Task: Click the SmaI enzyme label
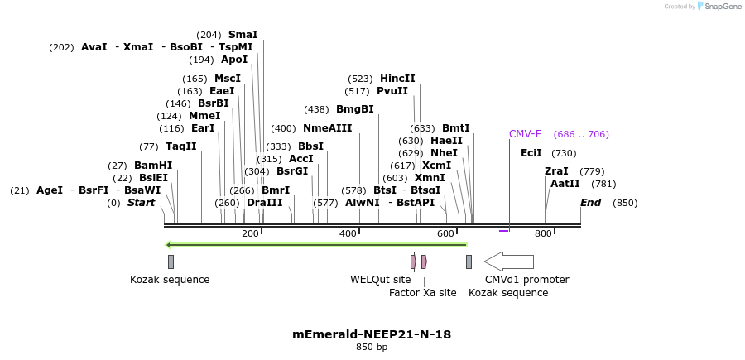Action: pyautogui.click(x=243, y=35)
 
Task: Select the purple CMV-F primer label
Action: pyautogui.click(x=525, y=134)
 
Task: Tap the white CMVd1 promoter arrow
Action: pyautogui.click(x=508, y=262)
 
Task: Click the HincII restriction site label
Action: pyautogui.click(x=397, y=79)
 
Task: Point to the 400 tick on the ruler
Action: pyautogui.click(x=348, y=234)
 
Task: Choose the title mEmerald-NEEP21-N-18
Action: pyautogui.click(x=372, y=334)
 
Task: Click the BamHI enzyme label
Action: pyautogui.click(x=153, y=166)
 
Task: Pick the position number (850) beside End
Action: pyautogui.click(x=625, y=203)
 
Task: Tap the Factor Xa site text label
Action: pyautogui.click(x=422, y=292)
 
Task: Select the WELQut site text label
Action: pyautogui.click(x=380, y=280)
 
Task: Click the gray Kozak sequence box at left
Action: pyautogui.click(x=171, y=262)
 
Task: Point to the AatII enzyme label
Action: pyautogui.click(x=565, y=184)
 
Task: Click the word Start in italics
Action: pyautogui.click(x=141, y=203)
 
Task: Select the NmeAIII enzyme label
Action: pyautogui.click(x=327, y=128)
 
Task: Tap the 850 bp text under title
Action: pyautogui.click(x=372, y=347)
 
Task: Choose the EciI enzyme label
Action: pyautogui.click(x=531, y=153)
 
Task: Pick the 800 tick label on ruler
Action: pyautogui.click(x=543, y=234)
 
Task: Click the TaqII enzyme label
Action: pyautogui.click(x=181, y=146)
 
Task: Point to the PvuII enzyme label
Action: pyautogui.click(x=392, y=91)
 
